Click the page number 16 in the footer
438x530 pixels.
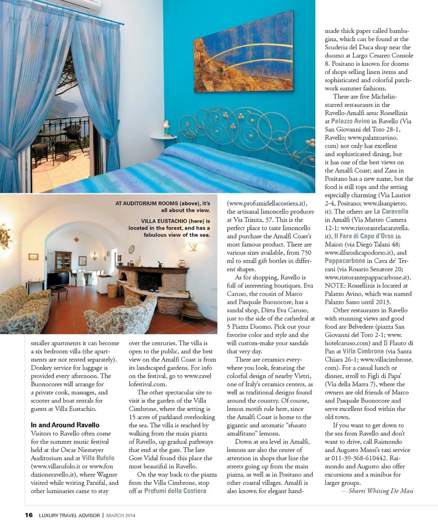(29, 515)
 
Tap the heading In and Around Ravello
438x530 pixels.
(65, 425)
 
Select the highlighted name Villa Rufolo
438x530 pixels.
(98, 458)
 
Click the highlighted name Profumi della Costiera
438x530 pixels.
(175, 491)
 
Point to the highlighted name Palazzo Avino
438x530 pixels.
(350, 121)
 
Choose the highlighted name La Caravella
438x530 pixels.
(391, 211)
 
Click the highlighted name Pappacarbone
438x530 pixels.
(345, 260)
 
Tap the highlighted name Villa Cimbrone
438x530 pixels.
(363, 351)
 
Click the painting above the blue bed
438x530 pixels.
(243, 52)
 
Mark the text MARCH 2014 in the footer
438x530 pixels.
(121, 515)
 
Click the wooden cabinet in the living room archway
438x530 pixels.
(63, 261)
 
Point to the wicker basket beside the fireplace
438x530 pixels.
(112, 291)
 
